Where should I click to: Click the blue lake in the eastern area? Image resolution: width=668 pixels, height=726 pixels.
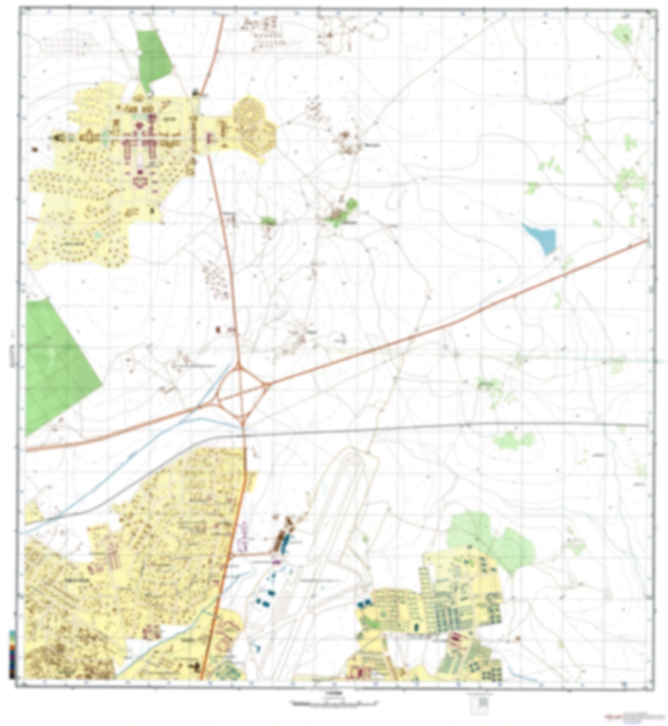point(540,237)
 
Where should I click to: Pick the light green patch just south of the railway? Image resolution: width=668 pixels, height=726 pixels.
point(513,440)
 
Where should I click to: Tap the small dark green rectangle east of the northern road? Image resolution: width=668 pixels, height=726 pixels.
point(268,221)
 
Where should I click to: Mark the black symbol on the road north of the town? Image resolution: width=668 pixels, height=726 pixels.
point(196,92)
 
